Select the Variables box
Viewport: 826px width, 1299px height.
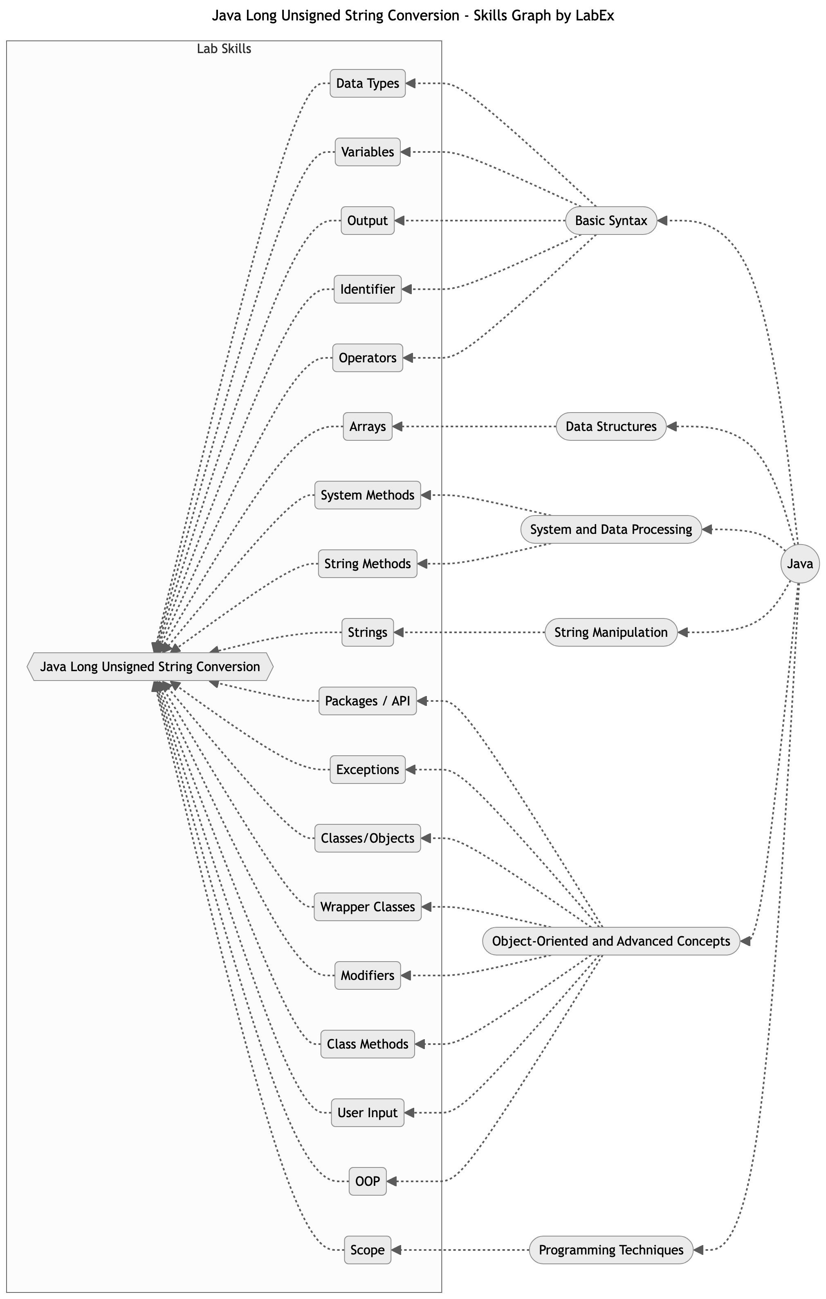point(367,152)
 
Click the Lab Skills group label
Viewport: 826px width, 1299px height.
point(224,49)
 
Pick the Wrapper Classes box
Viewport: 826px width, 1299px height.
point(367,907)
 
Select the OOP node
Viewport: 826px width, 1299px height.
point(367,1181)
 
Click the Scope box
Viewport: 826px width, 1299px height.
point(367,1250)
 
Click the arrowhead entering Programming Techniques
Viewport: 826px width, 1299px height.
point(698,1250)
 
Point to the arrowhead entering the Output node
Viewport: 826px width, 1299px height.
point(400,220)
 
